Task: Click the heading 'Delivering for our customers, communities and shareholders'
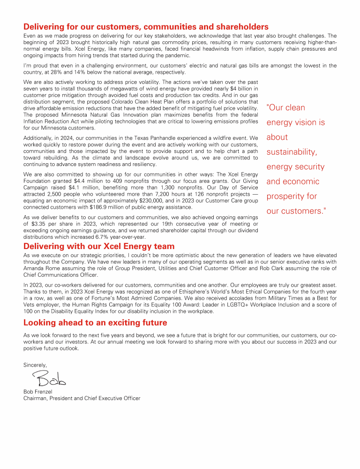(146, 27)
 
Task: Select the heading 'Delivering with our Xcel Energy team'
(99, 246)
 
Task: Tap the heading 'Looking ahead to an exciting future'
(95, 323)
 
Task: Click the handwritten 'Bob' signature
(49, 377)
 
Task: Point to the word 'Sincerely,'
(35, 364)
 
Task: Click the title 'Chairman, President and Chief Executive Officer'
(82, 398)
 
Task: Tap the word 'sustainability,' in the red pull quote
(292, 152)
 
